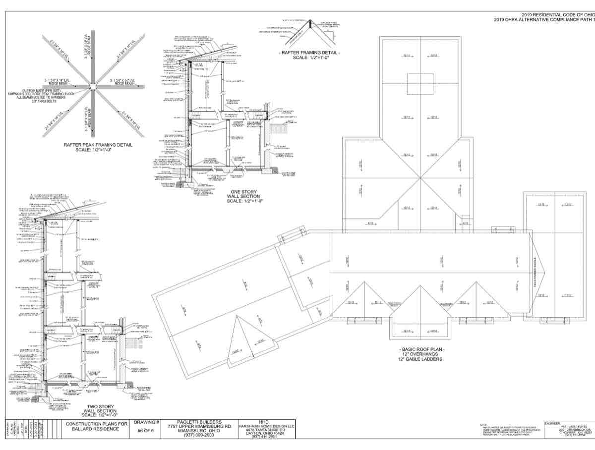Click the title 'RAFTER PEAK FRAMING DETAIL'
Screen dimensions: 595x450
(x=98, y=145)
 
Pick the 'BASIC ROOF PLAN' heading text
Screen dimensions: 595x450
(x=422, y=349)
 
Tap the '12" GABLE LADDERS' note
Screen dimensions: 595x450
(x=422, y=359)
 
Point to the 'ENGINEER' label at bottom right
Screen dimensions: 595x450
(x=552, y=423)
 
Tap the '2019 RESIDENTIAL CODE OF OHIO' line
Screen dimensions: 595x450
(x=557, y=15)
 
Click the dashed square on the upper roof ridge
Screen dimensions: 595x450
(x=420, y=80)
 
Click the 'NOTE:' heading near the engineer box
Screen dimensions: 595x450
(x=484, y=425)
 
